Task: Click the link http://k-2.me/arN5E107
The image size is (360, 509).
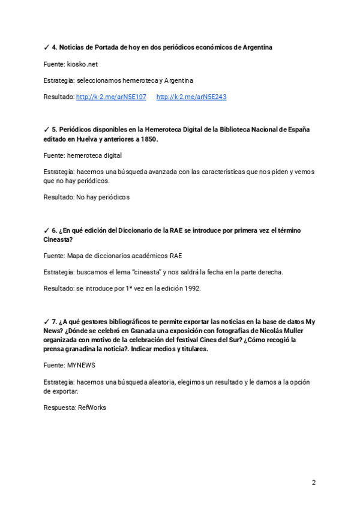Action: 111,97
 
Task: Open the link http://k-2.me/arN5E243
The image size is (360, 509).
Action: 191,97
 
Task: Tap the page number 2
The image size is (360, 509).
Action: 313,483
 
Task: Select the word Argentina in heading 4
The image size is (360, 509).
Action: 257,47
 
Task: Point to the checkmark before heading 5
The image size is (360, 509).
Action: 46,130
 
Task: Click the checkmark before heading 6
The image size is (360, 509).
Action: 46,230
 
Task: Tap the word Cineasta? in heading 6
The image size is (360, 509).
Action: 58,239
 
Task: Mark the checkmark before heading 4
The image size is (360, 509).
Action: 46,47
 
